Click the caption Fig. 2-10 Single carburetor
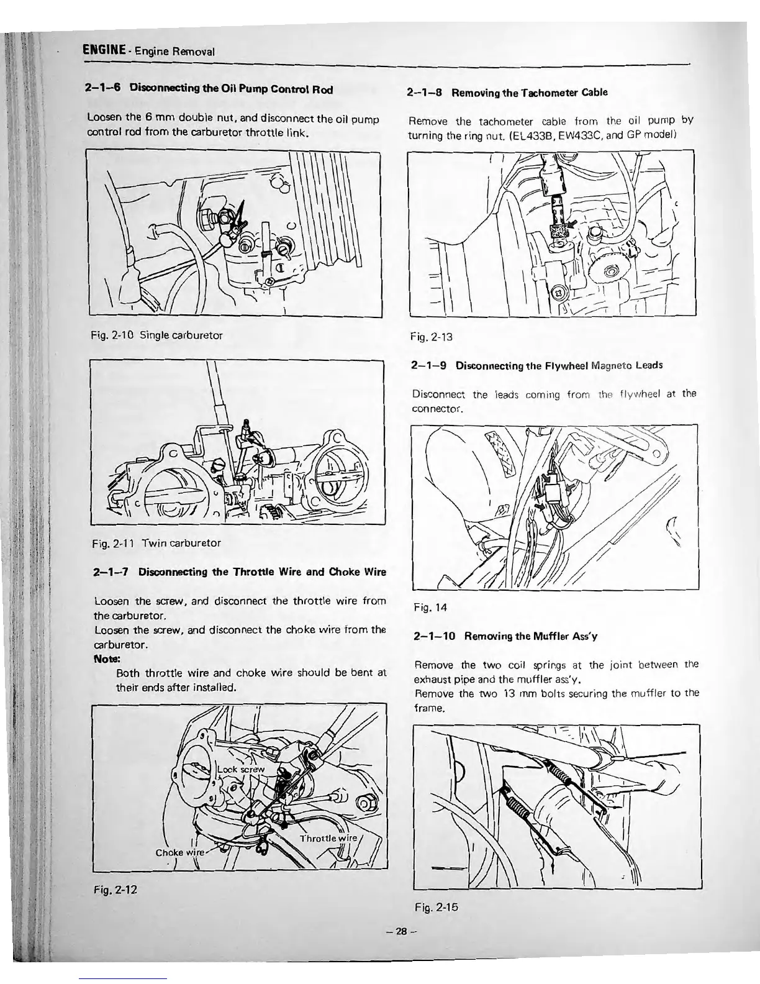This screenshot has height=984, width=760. point(156,335)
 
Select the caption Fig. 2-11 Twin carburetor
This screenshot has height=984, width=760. point(155,542)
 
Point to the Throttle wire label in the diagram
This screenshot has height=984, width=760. point(327,838)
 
